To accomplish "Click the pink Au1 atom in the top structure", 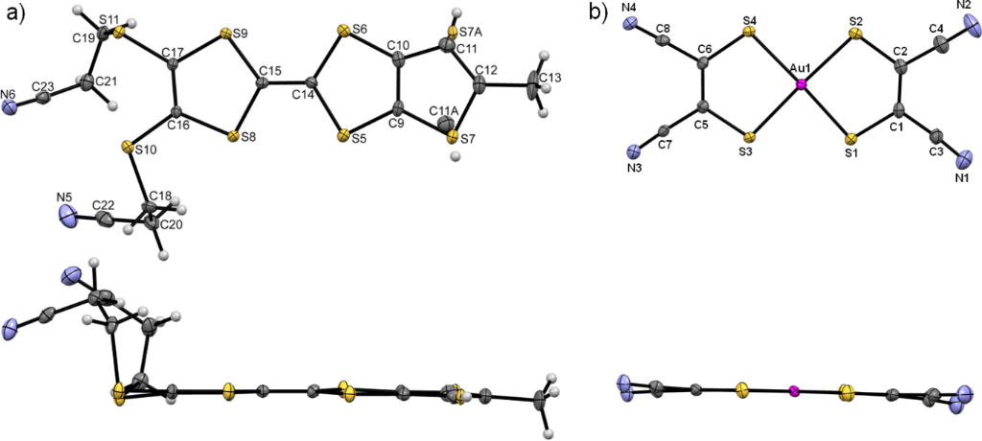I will pos(802,85).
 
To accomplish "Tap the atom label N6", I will pos(9,94).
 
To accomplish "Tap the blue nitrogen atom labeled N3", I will pos(633,151).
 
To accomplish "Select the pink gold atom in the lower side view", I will pos(793,390).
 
